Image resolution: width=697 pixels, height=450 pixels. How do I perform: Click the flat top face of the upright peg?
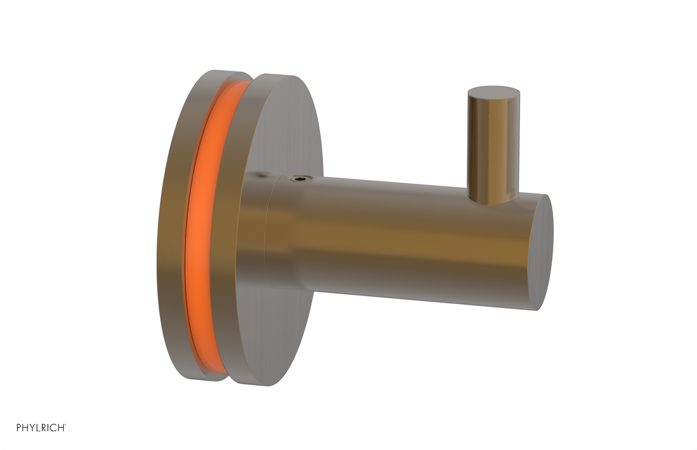494,91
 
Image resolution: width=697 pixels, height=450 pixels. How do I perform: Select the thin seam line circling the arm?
267,235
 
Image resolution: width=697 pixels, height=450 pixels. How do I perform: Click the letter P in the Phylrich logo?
19,428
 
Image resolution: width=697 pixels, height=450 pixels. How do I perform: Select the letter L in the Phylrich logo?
38,428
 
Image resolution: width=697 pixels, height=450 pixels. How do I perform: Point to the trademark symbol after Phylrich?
65,424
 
